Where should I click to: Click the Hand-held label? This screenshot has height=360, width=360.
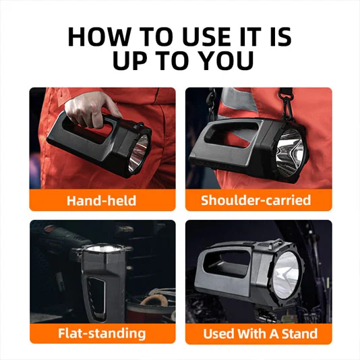pyautogui.click(x=101, y=200)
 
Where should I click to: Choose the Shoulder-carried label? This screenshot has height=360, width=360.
pyautogui.click(x=256, y=200)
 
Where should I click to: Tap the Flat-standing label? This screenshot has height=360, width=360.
pyautogui.click(x=101, y=333)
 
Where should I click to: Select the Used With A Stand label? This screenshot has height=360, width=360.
pyautogui.click(x=260, y=333)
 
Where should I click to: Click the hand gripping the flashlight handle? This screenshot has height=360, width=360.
pyautogui.click(x=88, y=108)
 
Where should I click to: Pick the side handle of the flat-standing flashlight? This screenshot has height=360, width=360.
pyautogui.click(x=95, y=297)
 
